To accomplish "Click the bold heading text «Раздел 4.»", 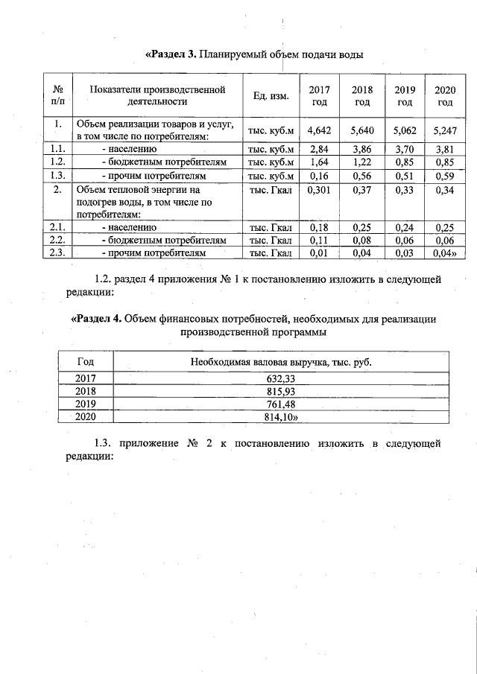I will pyautogui.click(x=95, y=319).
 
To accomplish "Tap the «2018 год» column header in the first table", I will pyautogui.click(x=362, y=95).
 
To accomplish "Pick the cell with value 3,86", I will pyautogui.click(x=362, y=149).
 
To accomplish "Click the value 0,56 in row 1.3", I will pyautogui.click(x=362, y=176).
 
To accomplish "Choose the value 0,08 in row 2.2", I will pyautogui.click(x=362, y=241).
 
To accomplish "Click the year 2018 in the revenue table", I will pyautogui.click(x=86, y=391).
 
